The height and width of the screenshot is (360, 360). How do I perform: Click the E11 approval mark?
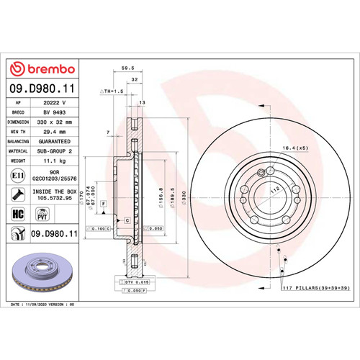(17, 174)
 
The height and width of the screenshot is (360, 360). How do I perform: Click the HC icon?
(18, 214)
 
